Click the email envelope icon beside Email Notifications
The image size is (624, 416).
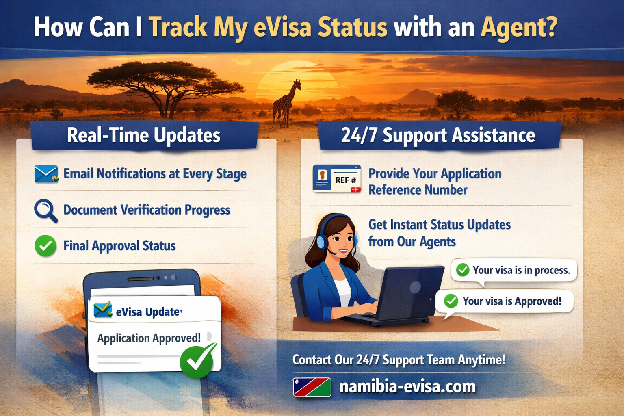(x=45, y=174)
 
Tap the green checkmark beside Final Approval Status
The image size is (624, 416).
(x=45, y=246)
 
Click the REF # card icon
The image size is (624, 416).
(x=337, y=178)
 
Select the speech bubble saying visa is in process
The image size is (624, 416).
(x=514, y=270)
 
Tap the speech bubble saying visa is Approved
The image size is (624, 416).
(x=505, y=301)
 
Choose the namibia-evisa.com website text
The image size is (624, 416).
(x=407, y=386)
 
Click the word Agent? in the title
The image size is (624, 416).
(x=519, y=28)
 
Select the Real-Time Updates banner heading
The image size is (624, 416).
(x=144, y=135)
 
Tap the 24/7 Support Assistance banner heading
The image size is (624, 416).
(x=438, y=135)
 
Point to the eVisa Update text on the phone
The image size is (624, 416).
(x=149, y=312)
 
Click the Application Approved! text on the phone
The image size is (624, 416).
(x=149, y=338)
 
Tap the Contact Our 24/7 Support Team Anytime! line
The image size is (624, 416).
(x=399, y=360)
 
